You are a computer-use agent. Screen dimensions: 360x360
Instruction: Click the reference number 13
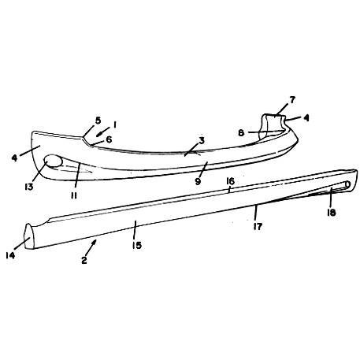click(29, 187)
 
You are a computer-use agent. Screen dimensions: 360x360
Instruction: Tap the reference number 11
click(74, 195)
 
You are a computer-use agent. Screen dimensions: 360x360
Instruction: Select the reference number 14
click(10, 255)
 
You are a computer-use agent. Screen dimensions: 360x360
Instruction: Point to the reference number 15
click(137, 246)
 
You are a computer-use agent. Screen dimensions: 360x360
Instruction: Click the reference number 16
click(230, 181)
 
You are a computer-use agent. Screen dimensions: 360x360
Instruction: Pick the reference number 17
click(258, 226)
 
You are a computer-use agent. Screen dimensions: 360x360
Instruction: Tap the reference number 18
click(332, 213)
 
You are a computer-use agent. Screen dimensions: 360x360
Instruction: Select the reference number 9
click(198, 181)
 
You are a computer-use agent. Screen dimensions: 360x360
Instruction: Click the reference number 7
click(292, 100)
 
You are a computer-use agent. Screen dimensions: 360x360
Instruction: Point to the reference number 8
click(241, 133)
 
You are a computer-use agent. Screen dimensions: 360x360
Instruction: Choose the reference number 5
click(98, 121)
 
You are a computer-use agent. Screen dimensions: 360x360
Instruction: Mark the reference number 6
click(109, 139)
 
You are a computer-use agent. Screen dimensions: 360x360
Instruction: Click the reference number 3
click(202, 141)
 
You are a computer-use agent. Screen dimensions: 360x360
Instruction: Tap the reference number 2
click(84, 260)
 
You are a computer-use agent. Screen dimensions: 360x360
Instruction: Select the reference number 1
click(115, 124)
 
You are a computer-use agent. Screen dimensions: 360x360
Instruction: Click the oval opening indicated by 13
click(54, 161)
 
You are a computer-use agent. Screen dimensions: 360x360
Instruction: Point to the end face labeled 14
click(29, 236)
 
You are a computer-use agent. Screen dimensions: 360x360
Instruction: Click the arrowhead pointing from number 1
click(98, 135)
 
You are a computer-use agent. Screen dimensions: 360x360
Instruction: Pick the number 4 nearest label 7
click(306, 118)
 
